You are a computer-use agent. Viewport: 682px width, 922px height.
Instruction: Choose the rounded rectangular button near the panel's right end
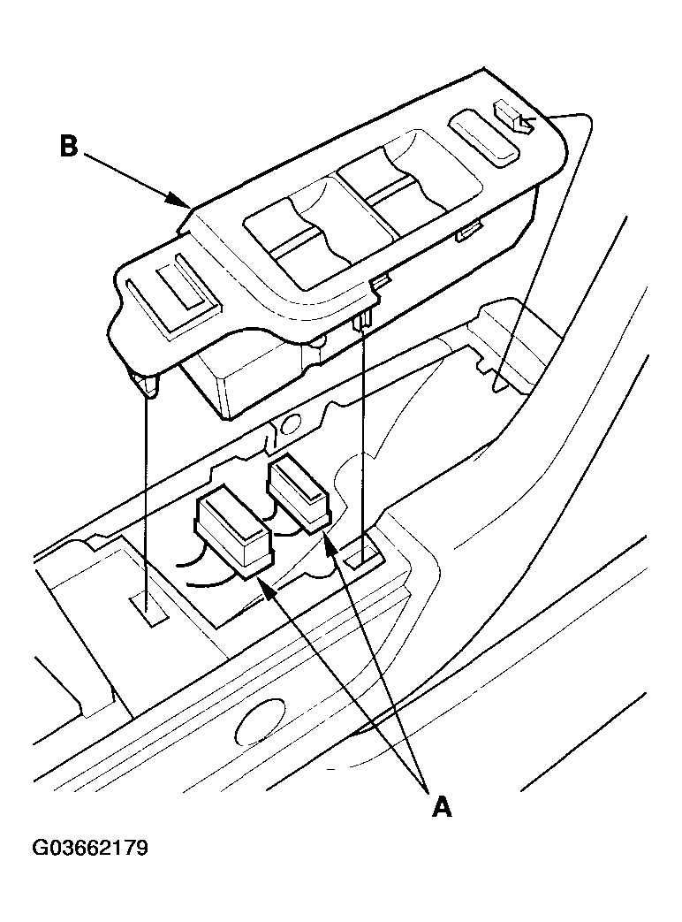[x=483, y=139]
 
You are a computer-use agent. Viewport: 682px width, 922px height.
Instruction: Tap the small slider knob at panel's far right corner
[x=514, y=117]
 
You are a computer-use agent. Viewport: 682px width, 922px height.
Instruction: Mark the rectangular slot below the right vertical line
[x=364, y=555]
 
